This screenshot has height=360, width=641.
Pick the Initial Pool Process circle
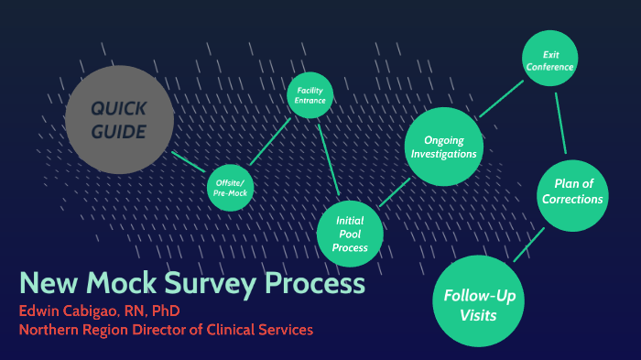tap(351, 234)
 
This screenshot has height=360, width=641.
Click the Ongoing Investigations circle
tap(444, 147)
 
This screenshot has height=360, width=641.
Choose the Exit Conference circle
tap(550, 60)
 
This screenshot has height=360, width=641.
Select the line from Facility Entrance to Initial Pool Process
tap(329, 161)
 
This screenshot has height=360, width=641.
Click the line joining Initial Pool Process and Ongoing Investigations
tap(394, 191)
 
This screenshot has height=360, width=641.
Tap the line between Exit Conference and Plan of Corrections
tap(560, 119)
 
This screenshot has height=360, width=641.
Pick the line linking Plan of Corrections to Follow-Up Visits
tap(529, 245)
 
